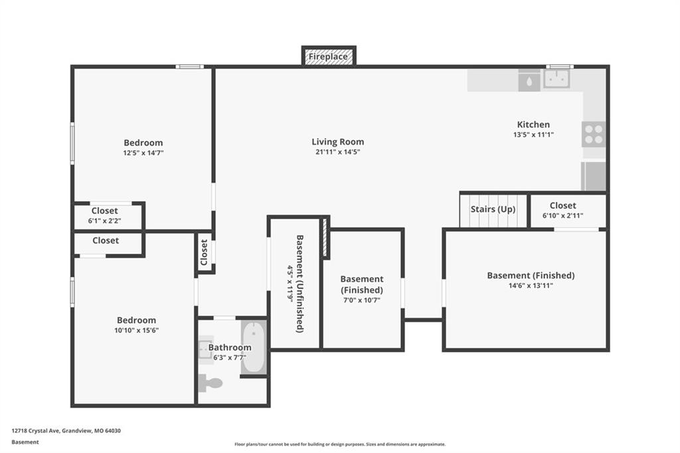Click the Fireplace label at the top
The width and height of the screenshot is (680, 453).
[328, 56]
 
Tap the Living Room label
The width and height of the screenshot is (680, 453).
[338, 141]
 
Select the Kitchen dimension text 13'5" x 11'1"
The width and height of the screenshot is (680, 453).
[533, 135]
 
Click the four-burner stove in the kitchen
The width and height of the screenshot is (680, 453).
[594, 134]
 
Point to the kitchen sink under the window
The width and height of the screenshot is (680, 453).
[557, 79]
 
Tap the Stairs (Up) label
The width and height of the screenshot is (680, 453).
[493, 209]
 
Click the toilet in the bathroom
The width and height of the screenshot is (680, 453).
[211, 383]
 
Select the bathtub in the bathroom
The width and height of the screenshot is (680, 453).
[254, 347]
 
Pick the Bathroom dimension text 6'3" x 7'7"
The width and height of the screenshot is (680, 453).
[230, 357]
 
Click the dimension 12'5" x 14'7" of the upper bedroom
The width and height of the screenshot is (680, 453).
[143, 153]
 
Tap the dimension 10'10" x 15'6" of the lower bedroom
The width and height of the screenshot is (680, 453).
[137, 330]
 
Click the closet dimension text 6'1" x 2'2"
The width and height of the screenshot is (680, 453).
[104, 221]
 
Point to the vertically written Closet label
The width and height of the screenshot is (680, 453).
[204, 252]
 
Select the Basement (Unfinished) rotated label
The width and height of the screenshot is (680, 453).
[299, 284]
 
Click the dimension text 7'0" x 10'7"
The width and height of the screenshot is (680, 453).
[362, 300]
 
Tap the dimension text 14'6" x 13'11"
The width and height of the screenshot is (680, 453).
[531, 286]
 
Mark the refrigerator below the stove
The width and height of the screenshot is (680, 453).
[594, 176]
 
